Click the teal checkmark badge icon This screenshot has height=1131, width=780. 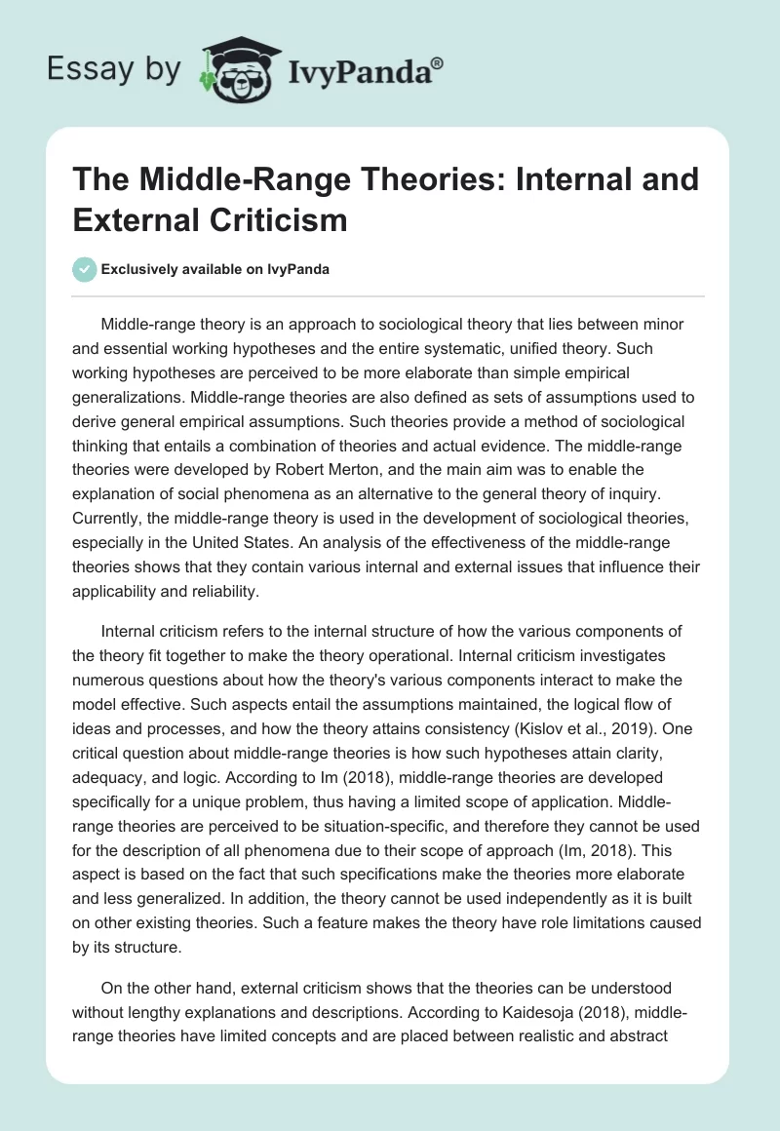click(85, 269)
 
